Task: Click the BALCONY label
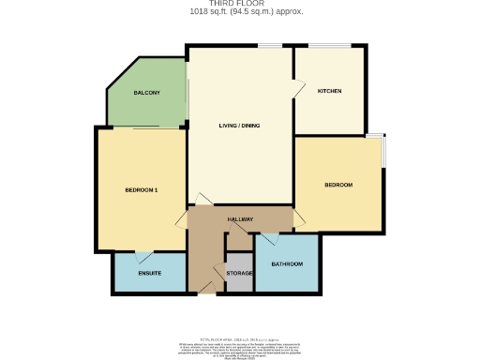[x=146, y=92]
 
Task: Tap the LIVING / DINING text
[x=240, y=126]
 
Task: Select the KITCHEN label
[x=329, y=91]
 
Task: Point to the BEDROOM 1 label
[x=141, y=190]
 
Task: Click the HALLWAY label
[x=240, y=219]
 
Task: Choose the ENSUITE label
[x=149, y=273]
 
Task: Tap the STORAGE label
[x=240, y=273]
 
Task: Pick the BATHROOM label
[x=287, y=264]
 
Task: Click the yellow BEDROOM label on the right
[x=337, y=185]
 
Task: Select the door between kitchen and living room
[x=298, y=89]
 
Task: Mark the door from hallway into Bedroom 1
[x=182, y=219]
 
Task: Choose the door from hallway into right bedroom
[x=300, y=219]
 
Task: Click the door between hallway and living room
[x=200, y=199]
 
